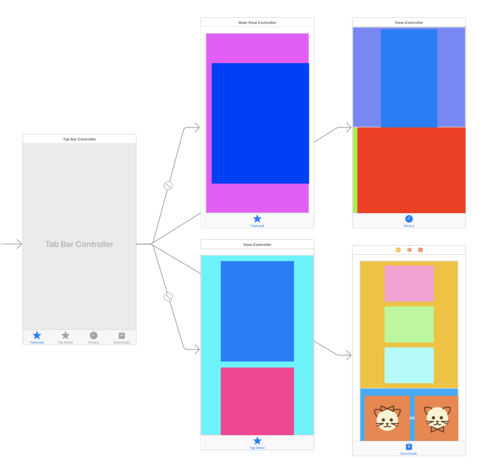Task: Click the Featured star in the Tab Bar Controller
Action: point(37,335)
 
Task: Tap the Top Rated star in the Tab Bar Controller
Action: point(65,335)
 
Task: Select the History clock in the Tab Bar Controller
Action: point(93,335)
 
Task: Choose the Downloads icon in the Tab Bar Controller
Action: point(122,335)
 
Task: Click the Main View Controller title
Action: point(257,23)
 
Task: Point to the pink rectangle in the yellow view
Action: point(409,284)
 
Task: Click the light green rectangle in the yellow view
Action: point(409,324)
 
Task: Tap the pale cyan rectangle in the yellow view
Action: point(409,365)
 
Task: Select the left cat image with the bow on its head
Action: point(387,418)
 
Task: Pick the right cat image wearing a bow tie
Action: point(436,418)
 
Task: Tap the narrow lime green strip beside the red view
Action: point(355,170)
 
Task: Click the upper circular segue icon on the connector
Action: point(168,186)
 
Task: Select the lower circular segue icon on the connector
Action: point(168,297)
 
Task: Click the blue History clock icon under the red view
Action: point(409,219)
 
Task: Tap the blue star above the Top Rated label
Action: point(257,441)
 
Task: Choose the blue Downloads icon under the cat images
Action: point(409,446)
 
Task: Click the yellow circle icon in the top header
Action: point(398,250)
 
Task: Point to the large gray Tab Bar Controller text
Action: point(79,244)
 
